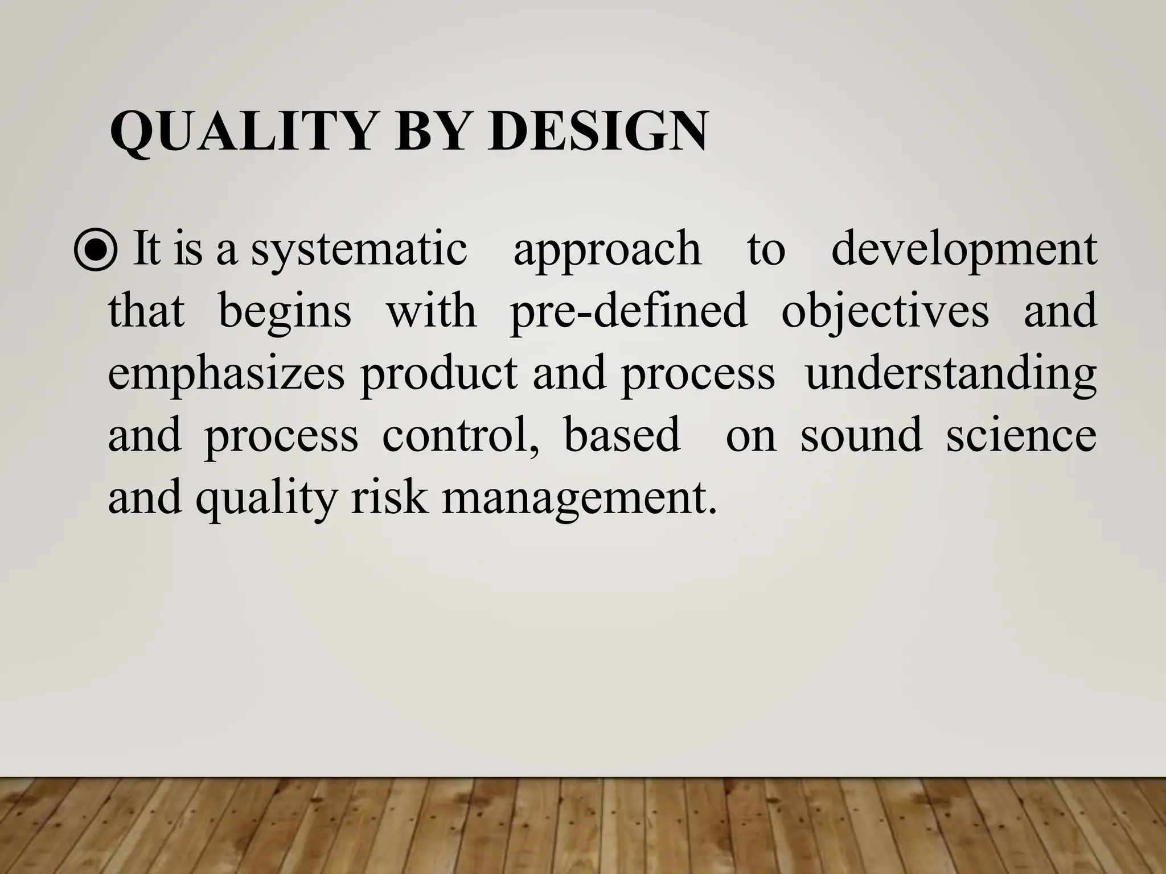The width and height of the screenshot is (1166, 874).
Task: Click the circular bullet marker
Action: coord(96,251)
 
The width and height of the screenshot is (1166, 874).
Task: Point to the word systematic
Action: coord(359,251)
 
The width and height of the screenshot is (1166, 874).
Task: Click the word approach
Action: coord(607,251)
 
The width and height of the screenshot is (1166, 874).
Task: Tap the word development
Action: coord(963,251)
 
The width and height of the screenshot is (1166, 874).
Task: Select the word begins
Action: coord(285,312)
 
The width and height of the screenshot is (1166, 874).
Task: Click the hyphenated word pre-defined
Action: coord(628,312)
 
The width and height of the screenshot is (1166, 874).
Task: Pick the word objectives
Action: coord(885,312)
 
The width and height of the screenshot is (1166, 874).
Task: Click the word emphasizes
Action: coord(226,374)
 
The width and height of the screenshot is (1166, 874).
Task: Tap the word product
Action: coord(438,374)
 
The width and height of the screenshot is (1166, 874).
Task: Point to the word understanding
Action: coord(951,374)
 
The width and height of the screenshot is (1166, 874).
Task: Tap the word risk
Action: coord(389,498)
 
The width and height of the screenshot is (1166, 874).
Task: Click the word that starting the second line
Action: coord(146,312)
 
